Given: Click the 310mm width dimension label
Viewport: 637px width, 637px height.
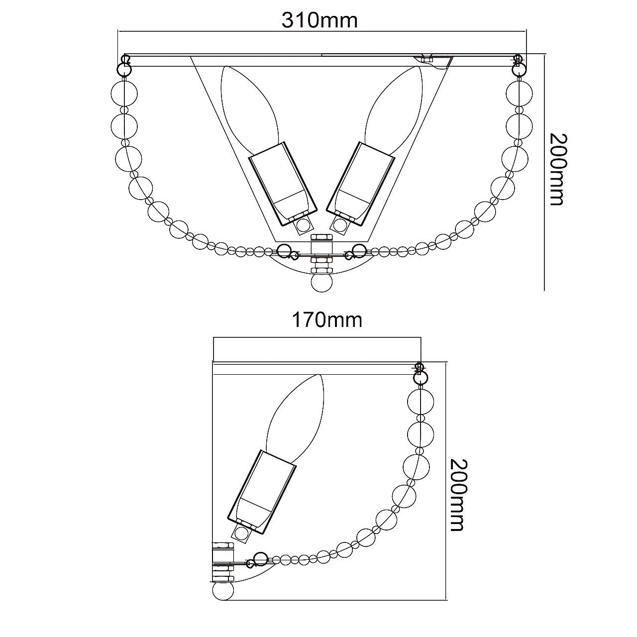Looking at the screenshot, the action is (319, 20).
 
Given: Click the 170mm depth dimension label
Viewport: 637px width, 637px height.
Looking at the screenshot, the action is (327, 320).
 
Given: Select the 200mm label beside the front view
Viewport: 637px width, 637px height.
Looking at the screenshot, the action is (558, 169).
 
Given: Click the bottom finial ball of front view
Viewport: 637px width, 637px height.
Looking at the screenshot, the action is (321, 283).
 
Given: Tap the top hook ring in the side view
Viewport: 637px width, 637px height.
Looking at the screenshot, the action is (420, 373).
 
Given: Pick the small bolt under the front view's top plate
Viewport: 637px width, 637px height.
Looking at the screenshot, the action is (427, 59).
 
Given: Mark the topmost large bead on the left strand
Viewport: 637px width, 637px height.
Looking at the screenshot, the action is (124, 94).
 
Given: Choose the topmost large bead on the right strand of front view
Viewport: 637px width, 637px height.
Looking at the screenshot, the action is (520, 94).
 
